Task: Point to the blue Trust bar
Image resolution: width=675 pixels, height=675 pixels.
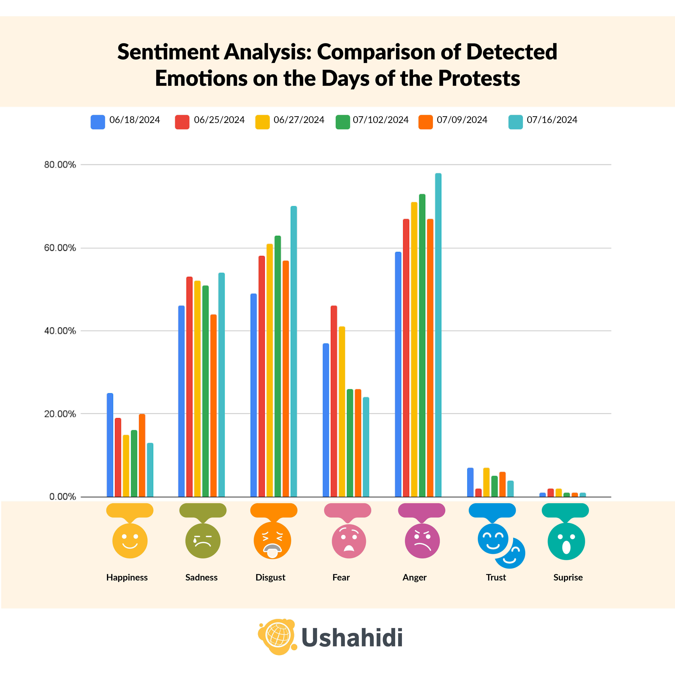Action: point(470,482)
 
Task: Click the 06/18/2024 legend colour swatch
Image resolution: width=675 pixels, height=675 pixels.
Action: point(98,122)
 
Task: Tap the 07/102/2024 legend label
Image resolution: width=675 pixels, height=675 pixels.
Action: point(380,120)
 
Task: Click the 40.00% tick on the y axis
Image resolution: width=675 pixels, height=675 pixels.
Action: point(60,331)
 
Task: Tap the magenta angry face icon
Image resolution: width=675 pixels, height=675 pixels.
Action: point(422,540)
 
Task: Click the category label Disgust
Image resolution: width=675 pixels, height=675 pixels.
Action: point(270,577)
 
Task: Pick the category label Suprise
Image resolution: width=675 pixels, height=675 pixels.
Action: point(568,577)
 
